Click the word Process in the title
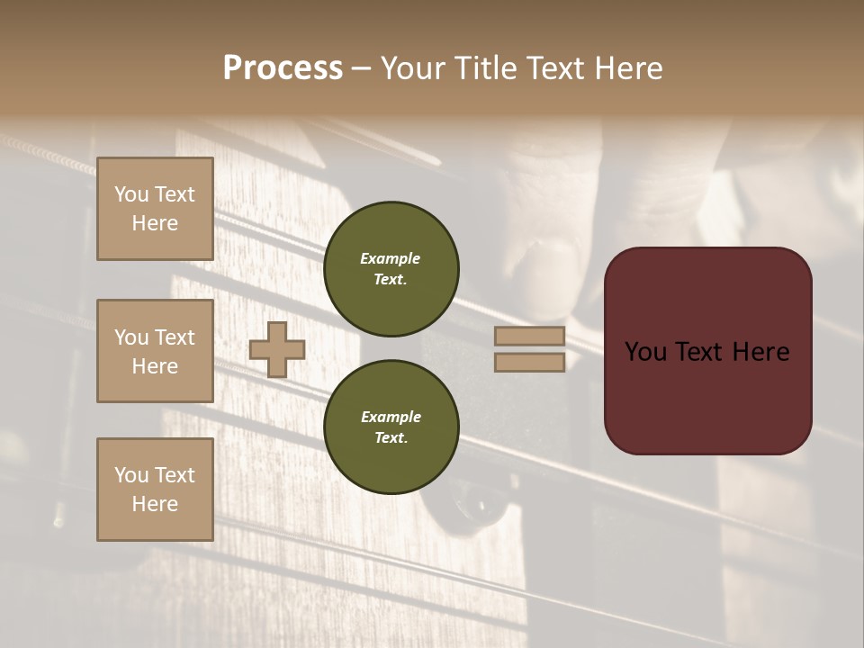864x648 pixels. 283,68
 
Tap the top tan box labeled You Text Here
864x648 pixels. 155,209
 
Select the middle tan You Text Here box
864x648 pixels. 155,351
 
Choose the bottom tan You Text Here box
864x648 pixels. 155,489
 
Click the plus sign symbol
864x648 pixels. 276,349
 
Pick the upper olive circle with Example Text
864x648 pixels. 391,269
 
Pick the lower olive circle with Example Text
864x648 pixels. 391,427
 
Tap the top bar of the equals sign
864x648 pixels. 530,336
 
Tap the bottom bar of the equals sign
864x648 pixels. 530,362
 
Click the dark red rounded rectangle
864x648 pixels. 707,396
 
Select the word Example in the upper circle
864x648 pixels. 391,258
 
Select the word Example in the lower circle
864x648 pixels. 391,417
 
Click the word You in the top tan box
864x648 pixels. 131,194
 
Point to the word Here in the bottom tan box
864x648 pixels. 155,504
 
